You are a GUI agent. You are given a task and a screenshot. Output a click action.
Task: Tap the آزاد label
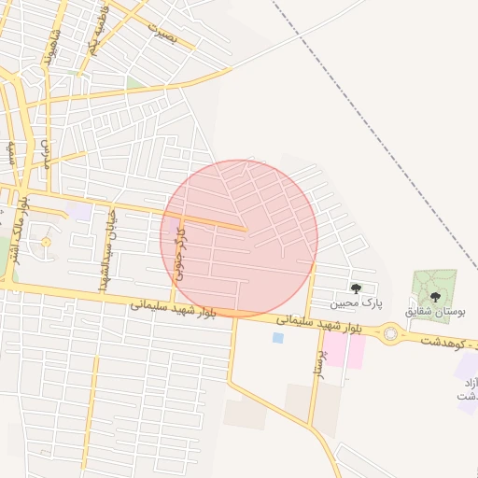(469, 383)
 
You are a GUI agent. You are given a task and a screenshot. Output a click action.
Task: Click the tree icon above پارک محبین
(356, 288)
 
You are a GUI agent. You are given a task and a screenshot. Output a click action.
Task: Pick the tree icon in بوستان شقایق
(435, 296)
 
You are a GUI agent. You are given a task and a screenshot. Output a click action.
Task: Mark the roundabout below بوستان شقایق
(389, 332)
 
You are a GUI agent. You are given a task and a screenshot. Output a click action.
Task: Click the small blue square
(277, 337)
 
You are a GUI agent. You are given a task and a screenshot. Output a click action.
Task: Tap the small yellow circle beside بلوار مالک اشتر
(45, 244)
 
